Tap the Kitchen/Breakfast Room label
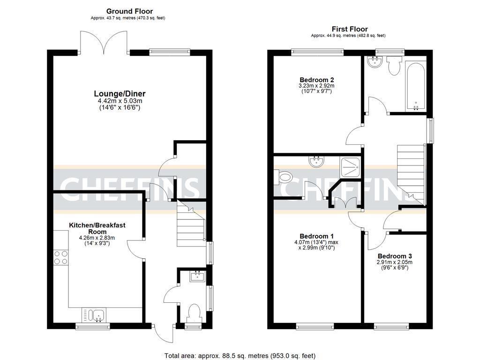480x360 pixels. [x=97, y=228]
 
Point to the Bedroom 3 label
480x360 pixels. [x=395, y=256]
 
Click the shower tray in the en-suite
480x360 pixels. [x=351, y=166]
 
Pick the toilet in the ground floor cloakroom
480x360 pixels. [x=193, y=312]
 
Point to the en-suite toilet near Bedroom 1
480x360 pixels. [x=284, y=177]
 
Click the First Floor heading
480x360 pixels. [x=350, y=29]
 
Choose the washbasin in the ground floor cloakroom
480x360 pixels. [x=196, y=277]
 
